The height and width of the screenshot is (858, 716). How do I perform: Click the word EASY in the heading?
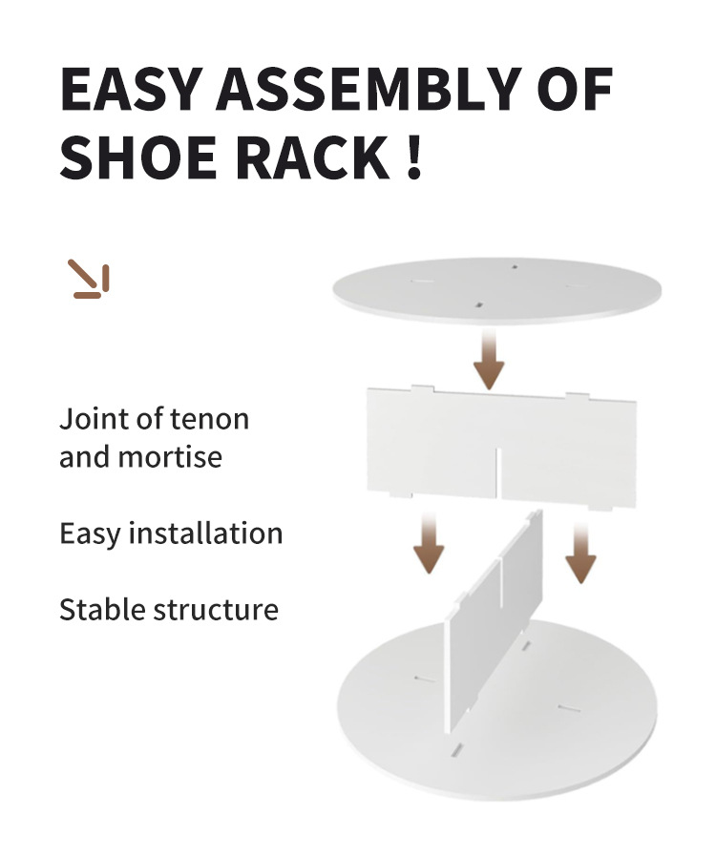pos(129,89)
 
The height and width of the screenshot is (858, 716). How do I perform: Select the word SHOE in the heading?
pos(137,157)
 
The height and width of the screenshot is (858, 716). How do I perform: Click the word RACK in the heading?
pos(312,157)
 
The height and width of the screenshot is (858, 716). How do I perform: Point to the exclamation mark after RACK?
pos(414,157)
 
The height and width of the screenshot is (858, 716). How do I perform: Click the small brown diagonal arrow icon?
pos(89,279)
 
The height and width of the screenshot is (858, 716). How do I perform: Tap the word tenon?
pos(210,420)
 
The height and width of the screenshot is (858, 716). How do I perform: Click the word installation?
pos(205,533)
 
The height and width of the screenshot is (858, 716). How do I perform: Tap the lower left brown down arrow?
pos(429,543)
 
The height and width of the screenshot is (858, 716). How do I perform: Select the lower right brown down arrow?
pos(580,552)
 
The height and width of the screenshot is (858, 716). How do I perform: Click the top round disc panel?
pos(497,290)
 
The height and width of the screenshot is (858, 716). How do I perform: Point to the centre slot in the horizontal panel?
pos(498,472)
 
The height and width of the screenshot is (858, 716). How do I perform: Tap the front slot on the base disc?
pos(456,750)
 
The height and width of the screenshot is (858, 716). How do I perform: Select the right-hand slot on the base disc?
pos(569,708)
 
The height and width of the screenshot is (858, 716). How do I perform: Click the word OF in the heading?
pos(575,89)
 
